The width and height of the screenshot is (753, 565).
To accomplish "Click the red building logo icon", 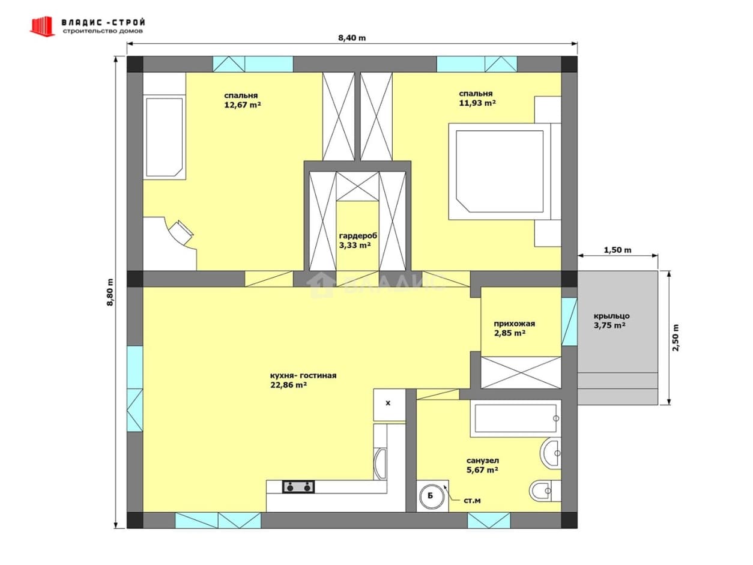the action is [43, 26].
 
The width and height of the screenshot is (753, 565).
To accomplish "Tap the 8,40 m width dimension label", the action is [352, 38].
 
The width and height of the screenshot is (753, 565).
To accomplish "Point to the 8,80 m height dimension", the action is [110, 292].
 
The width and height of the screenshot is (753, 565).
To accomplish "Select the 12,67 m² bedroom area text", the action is [243, 105].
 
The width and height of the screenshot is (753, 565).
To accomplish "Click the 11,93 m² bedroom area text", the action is [477, 103].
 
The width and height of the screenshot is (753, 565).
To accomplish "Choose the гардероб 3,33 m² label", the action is [358, 241].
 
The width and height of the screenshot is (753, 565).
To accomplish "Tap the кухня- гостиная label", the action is [303, 376].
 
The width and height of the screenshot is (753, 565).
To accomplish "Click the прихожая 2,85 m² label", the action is [514, 328].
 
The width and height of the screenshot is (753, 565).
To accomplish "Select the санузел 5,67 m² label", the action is [483, 465].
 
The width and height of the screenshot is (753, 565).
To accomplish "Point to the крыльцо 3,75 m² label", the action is [612, 321].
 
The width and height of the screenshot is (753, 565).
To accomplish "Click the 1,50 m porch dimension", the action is [617, 250].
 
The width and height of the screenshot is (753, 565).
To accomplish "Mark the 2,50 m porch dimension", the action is [676, 337].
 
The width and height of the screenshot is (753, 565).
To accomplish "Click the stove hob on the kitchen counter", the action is [298, 487].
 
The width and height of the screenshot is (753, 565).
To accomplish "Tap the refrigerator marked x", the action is [389, 405].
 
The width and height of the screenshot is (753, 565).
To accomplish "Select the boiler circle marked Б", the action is [431, 496].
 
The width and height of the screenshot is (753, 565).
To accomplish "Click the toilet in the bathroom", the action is [545, 491].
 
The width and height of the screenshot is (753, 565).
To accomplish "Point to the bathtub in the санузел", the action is [515, 418].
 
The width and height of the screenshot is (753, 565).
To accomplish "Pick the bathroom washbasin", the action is [551, 453].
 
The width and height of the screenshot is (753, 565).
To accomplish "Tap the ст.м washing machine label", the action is [472, 501].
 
